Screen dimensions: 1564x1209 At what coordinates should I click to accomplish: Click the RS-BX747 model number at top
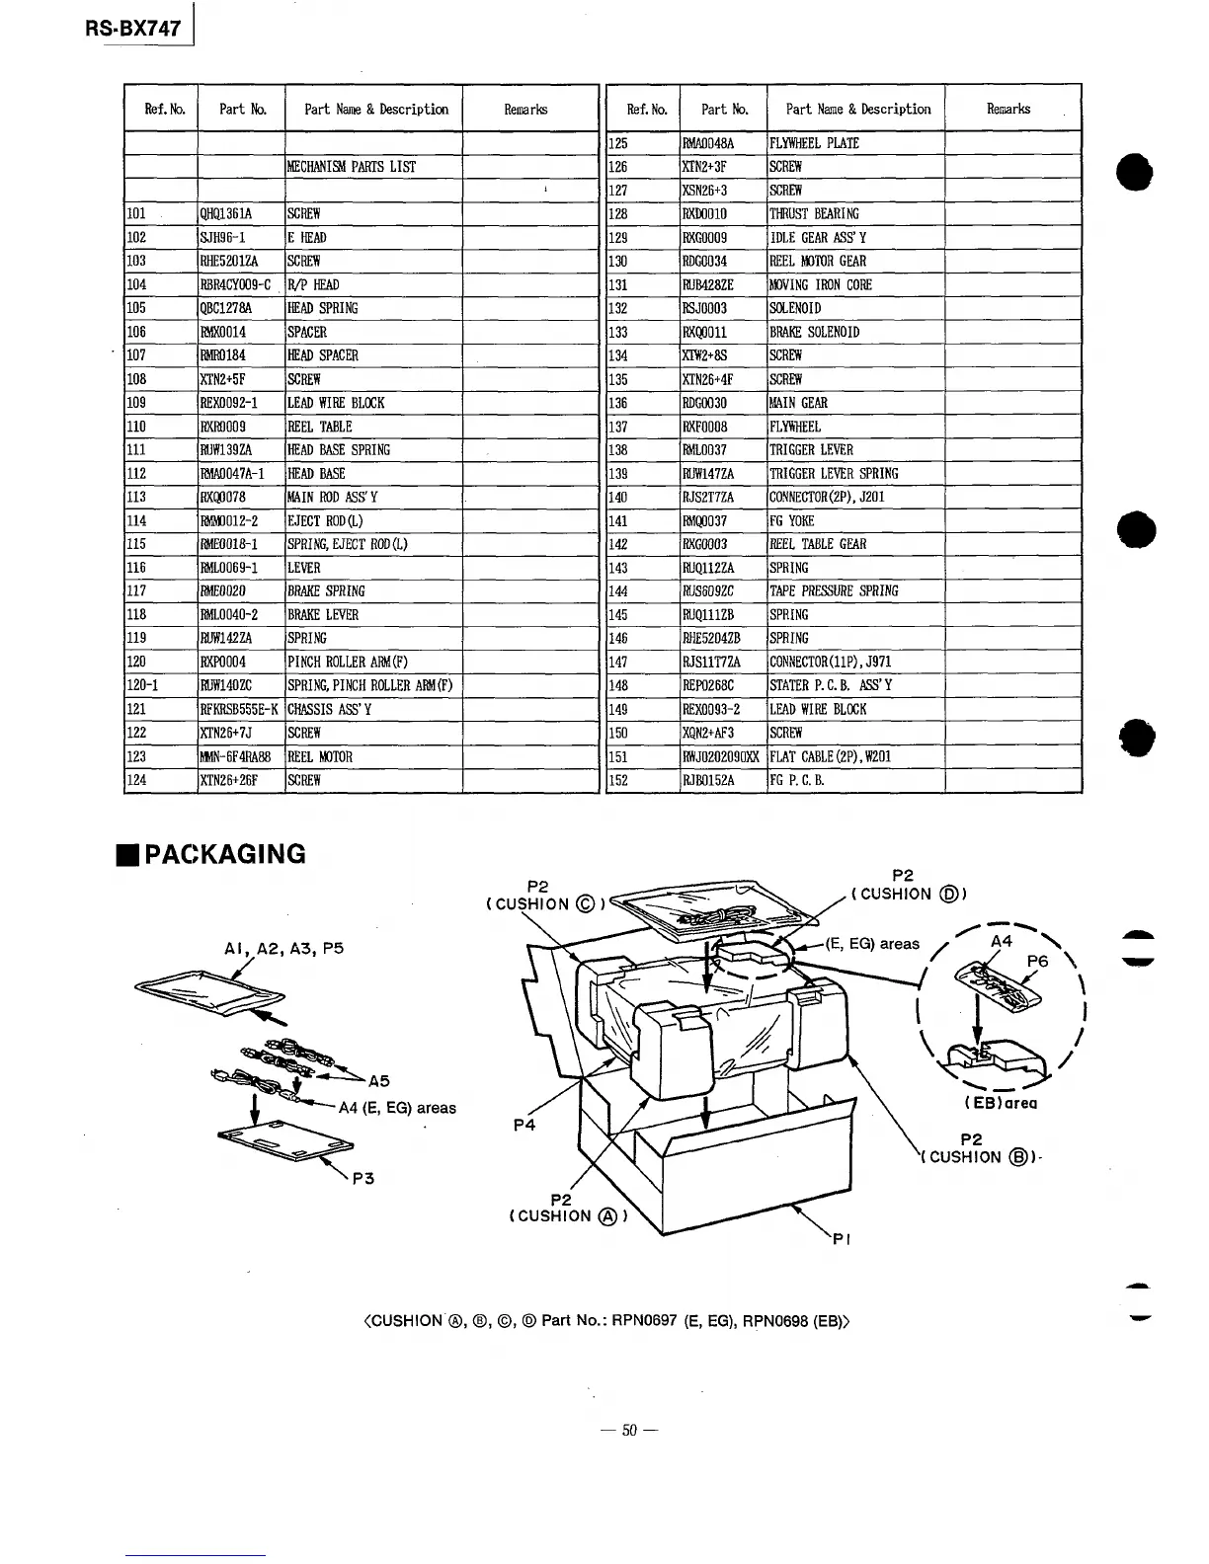point(132,28)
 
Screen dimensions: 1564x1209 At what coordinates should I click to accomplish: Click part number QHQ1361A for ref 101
point(226,214)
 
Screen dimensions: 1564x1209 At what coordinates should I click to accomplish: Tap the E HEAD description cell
point(307,238)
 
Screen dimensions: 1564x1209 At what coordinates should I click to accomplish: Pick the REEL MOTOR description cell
point(320,757)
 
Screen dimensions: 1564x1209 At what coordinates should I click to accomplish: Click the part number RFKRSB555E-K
point(240,710)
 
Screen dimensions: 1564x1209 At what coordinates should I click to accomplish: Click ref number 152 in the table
point(619,781)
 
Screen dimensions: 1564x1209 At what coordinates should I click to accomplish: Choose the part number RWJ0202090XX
point(722,757)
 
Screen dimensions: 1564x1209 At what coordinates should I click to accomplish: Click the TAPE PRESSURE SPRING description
point(834,591)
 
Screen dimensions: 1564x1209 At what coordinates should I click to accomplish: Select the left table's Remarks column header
point(525,110)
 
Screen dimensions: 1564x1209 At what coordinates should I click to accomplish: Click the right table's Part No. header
point(725,110)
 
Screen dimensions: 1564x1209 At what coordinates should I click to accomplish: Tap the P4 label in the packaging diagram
point(525,1125)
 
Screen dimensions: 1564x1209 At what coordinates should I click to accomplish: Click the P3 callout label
point(363,1178)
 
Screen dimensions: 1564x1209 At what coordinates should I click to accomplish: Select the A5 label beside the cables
point(378,1080)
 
